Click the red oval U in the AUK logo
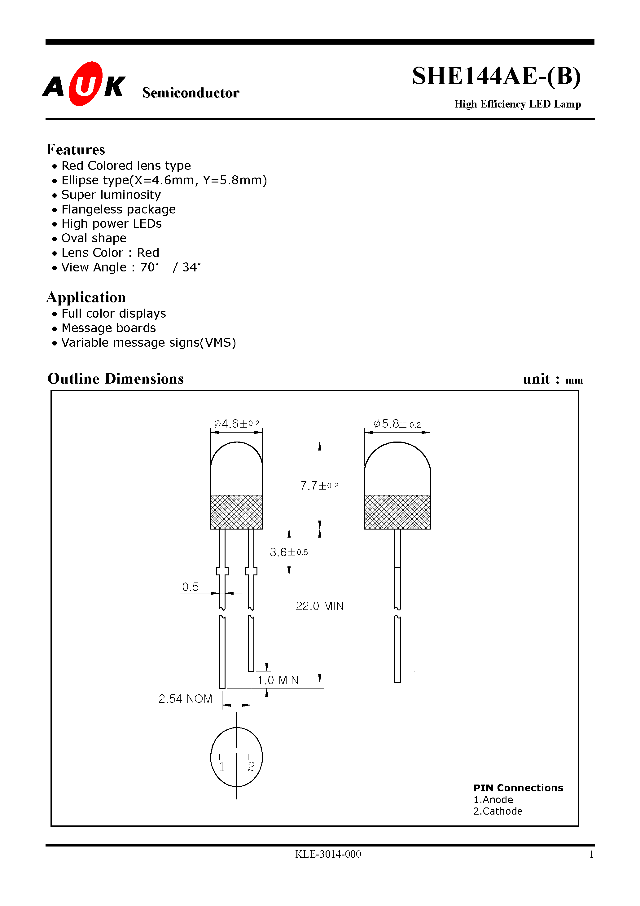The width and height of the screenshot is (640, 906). coord(85,84)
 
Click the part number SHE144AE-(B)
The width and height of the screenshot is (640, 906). coord(496,76)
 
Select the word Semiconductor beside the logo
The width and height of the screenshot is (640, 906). coord(191,93)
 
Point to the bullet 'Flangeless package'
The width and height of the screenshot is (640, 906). coord(118,209)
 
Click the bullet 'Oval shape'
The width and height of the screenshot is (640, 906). coord(94,238)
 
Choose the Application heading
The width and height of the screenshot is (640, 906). coord(86,297)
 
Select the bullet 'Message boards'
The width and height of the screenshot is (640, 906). coord(108,328)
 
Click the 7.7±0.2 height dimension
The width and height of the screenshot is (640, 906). coord(319,485)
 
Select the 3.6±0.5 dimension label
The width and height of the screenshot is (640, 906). coord(288,552)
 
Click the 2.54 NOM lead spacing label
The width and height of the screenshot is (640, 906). coord(185,699)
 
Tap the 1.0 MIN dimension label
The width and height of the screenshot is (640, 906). coord(278,680)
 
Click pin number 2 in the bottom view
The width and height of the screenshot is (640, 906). coord(251,767)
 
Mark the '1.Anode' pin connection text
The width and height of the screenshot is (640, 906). coord(493,800)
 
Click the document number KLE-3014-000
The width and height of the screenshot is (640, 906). coord(328,854)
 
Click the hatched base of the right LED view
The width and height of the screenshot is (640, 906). coord(397,512)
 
